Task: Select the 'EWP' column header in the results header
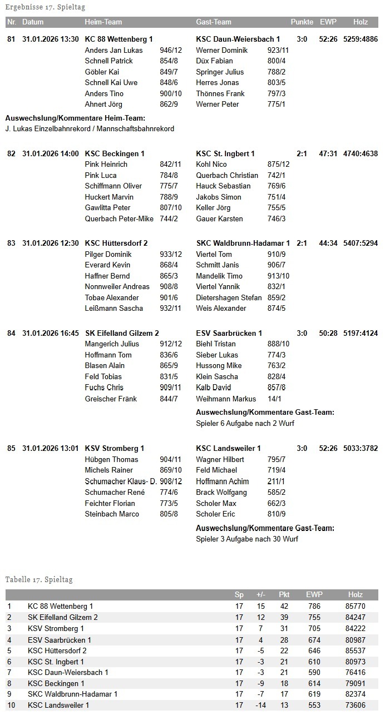[x=328, y=22]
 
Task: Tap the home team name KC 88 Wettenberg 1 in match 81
[x=119, y=39]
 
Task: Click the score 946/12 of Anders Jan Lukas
[x=171, y=50]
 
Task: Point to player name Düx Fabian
[x=214, y=61]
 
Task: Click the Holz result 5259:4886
[x=361, y=39]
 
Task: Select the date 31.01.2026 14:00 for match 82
[x=51, y=153]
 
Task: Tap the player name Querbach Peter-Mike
[x=119, y=219]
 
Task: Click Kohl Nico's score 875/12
[x=278, y=165]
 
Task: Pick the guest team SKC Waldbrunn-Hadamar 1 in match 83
[x=243, y=244]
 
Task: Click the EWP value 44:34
[x=328, y=244]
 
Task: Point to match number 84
[x=11, y=333]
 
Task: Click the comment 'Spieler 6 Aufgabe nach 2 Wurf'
[x=245, y=423]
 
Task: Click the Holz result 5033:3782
[x=361, y=448]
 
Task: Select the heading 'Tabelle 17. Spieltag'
[x=39, y=579]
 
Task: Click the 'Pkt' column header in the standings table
[x=284, y=595]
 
